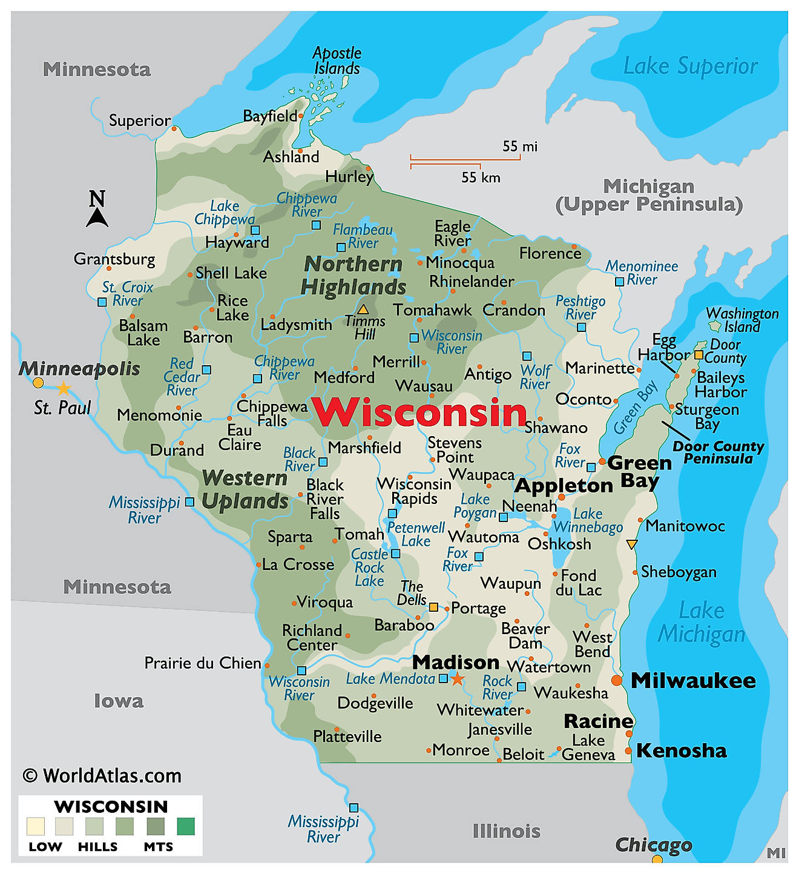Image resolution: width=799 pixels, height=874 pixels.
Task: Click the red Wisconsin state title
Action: pyautogui.click(x=419, y=413)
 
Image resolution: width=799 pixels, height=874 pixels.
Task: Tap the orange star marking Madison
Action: pyautogui.click(x=458, y=679)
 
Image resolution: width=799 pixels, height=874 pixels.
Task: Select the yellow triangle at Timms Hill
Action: pyautogui.click(x=363, y=310)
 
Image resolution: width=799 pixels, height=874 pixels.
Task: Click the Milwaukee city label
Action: pyautogui.click(x=693, y=680)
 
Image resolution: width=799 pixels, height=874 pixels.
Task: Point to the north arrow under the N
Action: pyautogui.click(x=97, y=217)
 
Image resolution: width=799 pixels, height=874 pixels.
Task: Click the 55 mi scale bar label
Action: pyautogui.click(x=519, y=147)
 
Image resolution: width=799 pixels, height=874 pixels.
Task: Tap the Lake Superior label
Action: pyautogui.click(x=690, y=66)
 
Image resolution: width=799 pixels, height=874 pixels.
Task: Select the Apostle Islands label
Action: pyautogui.click(x=337, y=61)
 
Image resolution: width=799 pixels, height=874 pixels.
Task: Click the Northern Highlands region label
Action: pyautogui.click(x=353, y=276)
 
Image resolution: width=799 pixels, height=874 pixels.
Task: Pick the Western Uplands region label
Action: pyautogui.click(x=245, y=489)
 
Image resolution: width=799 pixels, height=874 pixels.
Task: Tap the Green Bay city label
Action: pyautogui.click(x=640, y=472)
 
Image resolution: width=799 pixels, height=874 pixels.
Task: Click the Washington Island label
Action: pyautogui.click(x=742, y=320)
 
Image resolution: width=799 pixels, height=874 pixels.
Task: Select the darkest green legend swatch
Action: pyautogui.click(x=186, y=826)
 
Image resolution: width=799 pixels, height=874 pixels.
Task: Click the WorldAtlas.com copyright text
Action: pyautogui.click(x=102, y=776)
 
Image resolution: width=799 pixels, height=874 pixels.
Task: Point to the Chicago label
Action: pyautogui.click(x=653, y=844)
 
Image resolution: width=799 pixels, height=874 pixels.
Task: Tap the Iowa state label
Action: pyautogui.click(x=119, y=701)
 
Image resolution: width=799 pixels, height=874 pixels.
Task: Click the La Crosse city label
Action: pyautogui.click(x=298, y=564)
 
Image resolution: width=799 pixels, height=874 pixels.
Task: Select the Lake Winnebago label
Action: pyautogui.click(x=588, y=520)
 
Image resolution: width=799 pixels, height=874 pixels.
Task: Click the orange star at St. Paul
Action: pyautogui.click(x=64, y=388)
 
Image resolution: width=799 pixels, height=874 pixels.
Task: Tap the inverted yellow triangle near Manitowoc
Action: pyautogui.click(x=631, y=545)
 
